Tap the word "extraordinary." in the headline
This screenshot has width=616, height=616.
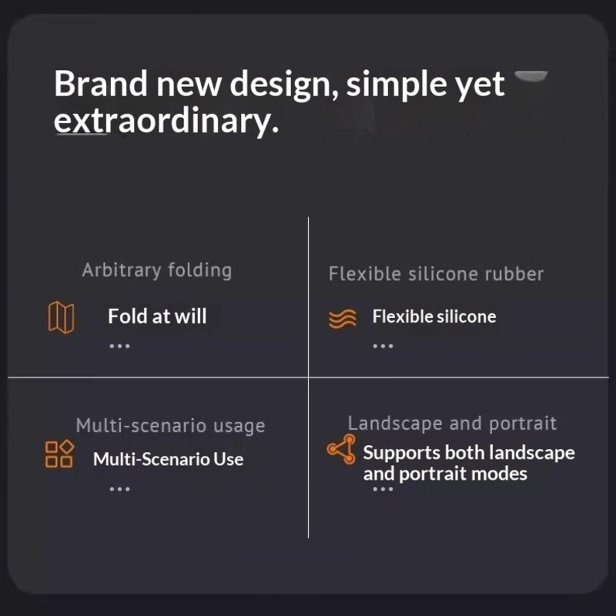166,121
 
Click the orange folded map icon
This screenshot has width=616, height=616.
61,317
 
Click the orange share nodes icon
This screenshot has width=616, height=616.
341,449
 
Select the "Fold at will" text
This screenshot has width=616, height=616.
157,316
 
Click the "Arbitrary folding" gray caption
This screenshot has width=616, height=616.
157,270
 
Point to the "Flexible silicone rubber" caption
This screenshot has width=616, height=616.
436,274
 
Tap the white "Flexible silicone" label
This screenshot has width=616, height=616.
434,316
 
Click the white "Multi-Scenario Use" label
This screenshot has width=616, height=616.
168,459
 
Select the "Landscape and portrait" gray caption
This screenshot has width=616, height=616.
452,423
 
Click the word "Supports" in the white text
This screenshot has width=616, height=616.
402,453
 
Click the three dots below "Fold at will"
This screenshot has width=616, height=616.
120,346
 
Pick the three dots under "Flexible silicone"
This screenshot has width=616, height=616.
383,346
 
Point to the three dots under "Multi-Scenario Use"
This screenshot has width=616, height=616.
120,489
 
